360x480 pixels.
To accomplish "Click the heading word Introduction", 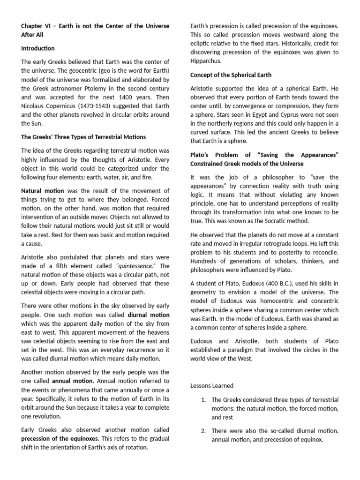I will click(37, 48).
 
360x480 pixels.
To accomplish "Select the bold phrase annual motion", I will click(67, 380).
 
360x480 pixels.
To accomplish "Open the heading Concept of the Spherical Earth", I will click(231, 75).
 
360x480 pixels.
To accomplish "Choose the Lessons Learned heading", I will click(212, 386).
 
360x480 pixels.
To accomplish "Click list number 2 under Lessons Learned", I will click(203, 430).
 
